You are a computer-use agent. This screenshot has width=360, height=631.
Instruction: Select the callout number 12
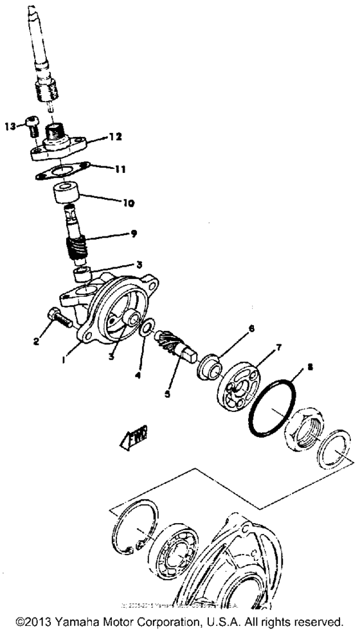tap(114, 137)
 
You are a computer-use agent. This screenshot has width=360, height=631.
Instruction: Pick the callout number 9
tap(133, 234)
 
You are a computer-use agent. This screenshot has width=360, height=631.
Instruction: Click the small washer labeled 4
tap(147, 330)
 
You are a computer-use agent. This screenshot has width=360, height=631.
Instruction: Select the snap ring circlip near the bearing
tap(131, 526)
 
